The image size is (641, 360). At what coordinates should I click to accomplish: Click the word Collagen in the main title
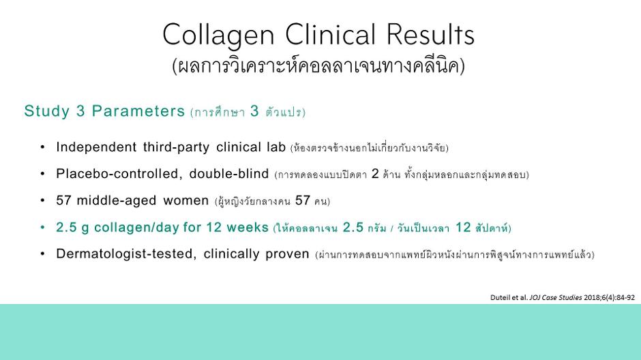point(218,35)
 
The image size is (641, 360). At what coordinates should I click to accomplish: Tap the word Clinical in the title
point(330,34)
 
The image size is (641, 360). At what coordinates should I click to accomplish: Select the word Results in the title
point(430,34)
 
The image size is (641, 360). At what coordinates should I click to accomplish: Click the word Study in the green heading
point(46,111)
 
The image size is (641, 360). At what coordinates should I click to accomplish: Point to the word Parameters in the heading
point(138,110)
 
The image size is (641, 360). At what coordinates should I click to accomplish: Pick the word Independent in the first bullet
point(96,147)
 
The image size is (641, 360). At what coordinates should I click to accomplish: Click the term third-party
point(176,147)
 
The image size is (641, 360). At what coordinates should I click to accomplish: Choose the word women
point(186,201)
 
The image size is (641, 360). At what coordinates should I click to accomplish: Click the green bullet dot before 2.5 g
point(42,227)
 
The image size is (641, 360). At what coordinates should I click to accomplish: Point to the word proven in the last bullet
point(287,254)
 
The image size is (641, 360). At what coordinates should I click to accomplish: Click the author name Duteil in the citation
point(500,297)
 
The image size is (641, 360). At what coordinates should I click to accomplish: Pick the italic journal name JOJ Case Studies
point(556,297)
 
